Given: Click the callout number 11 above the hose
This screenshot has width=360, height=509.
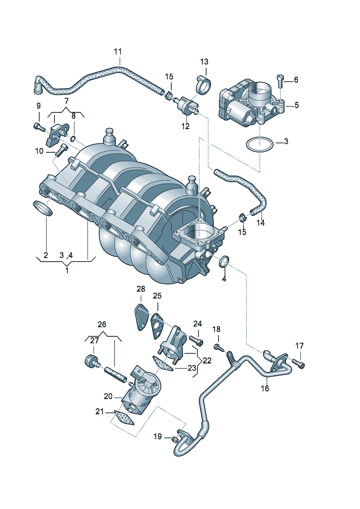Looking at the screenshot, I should point(118,52).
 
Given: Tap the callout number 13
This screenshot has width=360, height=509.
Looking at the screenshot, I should point(204,62).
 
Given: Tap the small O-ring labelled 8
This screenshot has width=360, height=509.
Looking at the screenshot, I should point(73,138).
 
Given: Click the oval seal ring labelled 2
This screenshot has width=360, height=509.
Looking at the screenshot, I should point(43,208).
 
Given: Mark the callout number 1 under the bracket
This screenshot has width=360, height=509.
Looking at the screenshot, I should point(67,271).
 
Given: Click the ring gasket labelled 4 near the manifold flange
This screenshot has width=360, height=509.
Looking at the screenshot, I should point(225,261).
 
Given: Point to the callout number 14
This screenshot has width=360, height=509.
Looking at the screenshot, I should point(261,223).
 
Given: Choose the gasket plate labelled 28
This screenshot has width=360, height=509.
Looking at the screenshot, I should point(141,317).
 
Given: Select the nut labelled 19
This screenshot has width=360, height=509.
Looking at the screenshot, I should point(174,439).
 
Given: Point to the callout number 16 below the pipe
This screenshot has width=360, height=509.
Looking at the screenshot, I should point(265,389).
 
